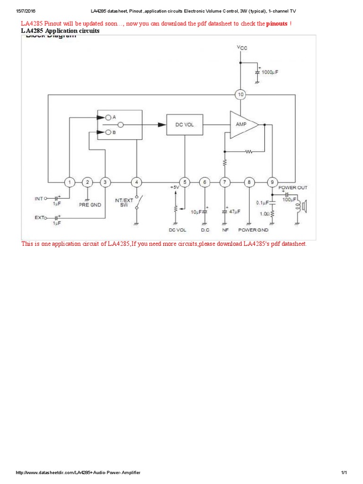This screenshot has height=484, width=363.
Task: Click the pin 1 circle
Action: coord(69,182)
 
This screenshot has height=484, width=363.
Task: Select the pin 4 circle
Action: coord(137,182)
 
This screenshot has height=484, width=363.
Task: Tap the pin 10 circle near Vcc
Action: coord(241,95)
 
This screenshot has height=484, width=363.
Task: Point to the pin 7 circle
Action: coord(225,182)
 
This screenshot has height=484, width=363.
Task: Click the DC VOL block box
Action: coord(184,125)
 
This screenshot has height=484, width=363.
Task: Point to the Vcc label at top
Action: coord(242,48)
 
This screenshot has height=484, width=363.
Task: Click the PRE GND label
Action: coord(88,205)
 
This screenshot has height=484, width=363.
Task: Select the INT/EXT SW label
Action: coord(124,203)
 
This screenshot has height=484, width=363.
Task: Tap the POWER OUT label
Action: coord(293,188)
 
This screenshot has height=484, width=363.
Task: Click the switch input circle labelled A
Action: coord(108,116)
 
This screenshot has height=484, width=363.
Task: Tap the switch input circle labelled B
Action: coord(108,133)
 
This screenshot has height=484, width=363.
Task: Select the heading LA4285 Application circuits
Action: coord(60,31)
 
